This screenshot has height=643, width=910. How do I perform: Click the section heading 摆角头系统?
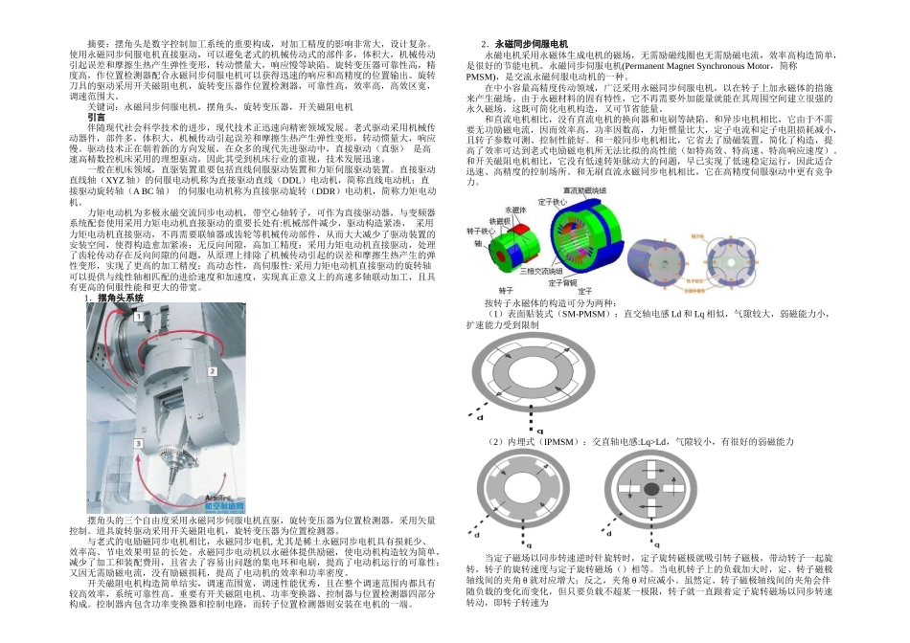[x=120, y=298]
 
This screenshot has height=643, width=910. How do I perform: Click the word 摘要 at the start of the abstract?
[x=97, y=44]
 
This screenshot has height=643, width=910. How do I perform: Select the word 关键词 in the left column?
[x=103, y=106]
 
